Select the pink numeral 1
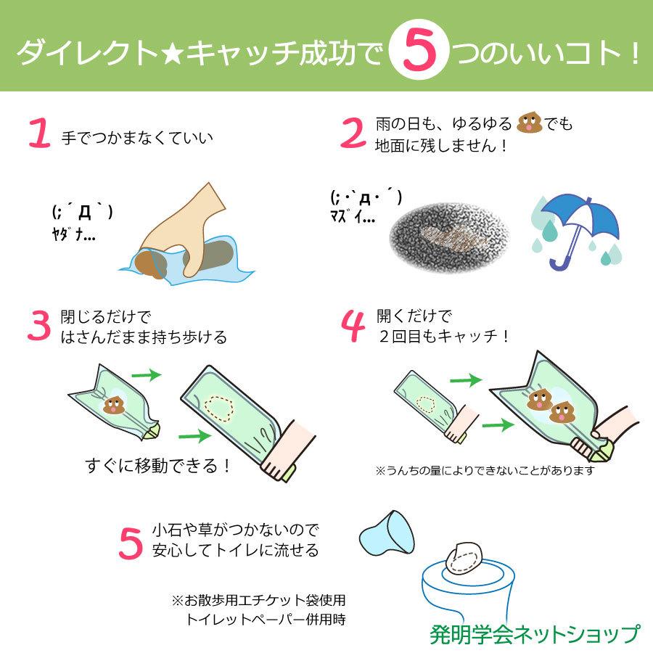40,133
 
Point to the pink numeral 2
353,133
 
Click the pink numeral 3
39,326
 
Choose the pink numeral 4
353,326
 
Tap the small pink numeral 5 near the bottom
131,543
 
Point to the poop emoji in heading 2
529,123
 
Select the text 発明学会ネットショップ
534,634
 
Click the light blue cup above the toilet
387,534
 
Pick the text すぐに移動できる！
158,466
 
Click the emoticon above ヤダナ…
82,212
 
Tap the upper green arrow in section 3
147,374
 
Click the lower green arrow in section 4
498,425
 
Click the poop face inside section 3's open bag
113,405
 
